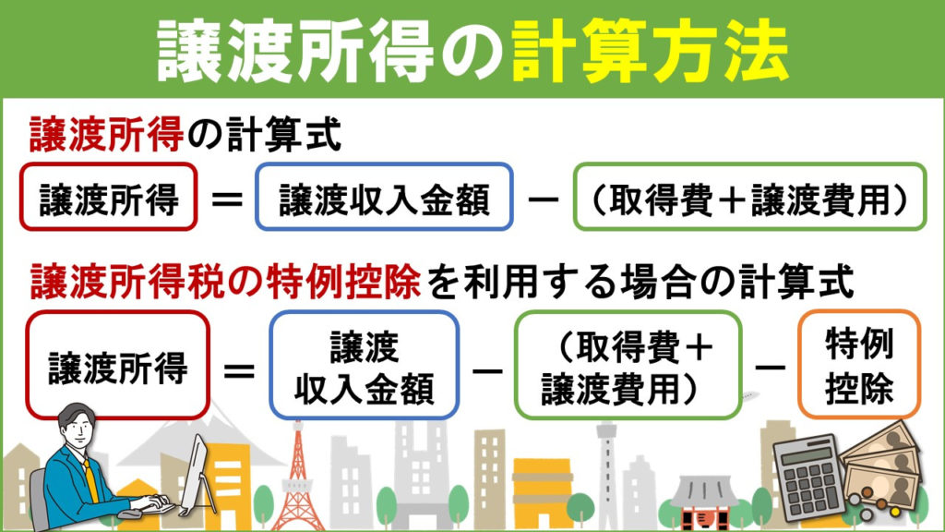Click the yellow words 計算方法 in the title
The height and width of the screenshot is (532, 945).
pos(651,52)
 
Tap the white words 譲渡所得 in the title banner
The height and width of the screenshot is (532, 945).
pos(296,52)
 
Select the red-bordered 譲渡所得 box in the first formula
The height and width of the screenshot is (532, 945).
pos(109,197)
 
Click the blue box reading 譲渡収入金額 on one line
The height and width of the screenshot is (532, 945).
pos(384,197)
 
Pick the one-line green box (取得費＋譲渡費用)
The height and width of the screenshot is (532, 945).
pos(749,197)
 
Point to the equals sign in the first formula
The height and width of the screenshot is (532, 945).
pos(227,199)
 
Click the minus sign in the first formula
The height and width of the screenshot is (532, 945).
pos(543,199)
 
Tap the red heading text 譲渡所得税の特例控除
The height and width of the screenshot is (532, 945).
pos(225,282)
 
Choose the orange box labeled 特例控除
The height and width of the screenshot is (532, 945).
pos(859,364)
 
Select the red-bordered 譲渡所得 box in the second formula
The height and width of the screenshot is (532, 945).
pos(117,365)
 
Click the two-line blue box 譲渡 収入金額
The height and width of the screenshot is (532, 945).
pos(364,365)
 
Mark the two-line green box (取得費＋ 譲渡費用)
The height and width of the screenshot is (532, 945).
pos(628,365)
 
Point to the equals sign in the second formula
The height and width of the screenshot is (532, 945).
pos(239,369)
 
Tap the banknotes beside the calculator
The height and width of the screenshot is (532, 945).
pos(883,467)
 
